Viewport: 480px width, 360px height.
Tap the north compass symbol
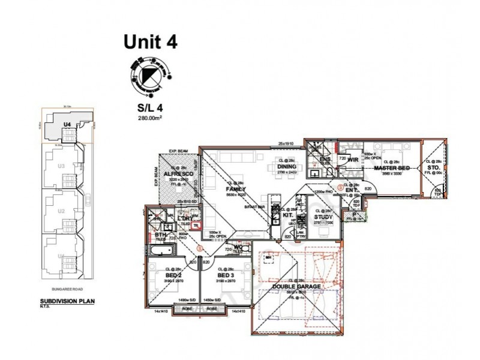click(x=149, y=77)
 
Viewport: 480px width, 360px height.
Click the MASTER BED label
click(x=391, y=169)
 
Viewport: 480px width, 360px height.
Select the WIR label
click(x=353, y=160)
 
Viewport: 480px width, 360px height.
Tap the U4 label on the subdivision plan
click(x=67, y=124)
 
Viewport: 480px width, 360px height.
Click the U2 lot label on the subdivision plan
click(x=60, y=211)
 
